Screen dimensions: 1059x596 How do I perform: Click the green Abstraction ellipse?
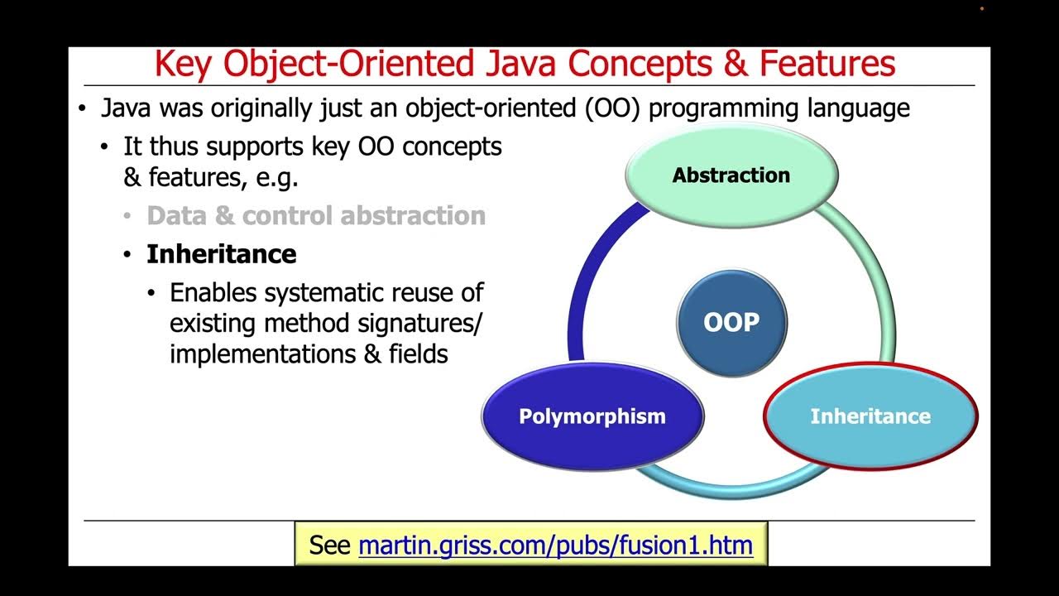pos(731,175)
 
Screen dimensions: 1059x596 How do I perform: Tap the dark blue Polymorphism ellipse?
pos(592,416)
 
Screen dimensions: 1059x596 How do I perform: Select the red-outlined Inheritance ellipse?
pos(870,416)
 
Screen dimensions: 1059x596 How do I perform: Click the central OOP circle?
pos(732,323)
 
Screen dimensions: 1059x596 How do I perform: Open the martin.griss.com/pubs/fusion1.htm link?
pos(555,546)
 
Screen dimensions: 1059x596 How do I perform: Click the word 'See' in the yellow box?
pos(329,545)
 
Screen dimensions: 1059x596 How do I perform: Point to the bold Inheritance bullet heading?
pos(221,254)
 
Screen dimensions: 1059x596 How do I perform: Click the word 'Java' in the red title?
pos(521,64)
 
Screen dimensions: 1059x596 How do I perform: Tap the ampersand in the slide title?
pos(736,64)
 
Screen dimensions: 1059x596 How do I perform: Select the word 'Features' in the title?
pos(827,64)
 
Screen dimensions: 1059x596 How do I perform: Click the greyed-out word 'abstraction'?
pos(413,216)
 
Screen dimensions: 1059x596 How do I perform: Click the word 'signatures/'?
pos(419,324)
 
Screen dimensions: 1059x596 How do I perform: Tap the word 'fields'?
pos(419,353)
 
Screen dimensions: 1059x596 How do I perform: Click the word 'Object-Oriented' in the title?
pos(348,65)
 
